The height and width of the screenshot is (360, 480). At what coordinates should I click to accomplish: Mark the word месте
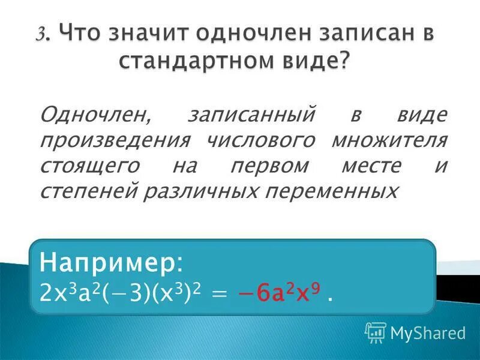(370, 166)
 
